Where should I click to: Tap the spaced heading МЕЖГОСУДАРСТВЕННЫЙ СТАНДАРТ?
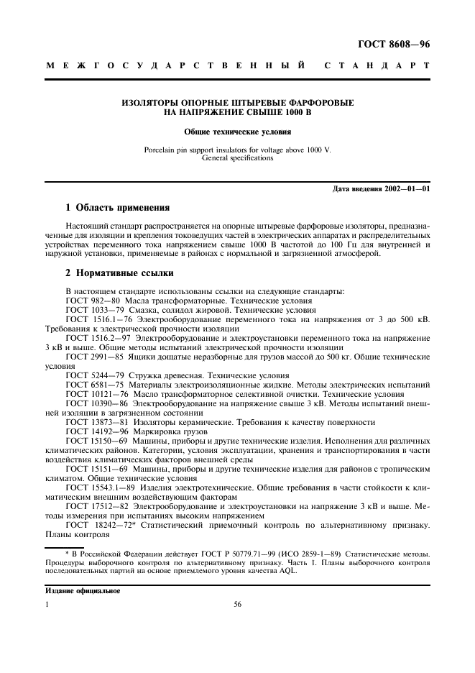tap(238, 66)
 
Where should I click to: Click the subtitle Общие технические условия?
tap(237, 132)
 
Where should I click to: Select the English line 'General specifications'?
tap(237, 157)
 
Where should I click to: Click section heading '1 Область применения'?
tap(117, 209)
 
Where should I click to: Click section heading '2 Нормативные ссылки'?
tap(118, 273)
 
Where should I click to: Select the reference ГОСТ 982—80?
tap(93, 300)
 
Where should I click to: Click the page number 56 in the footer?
tap(237, 605)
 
